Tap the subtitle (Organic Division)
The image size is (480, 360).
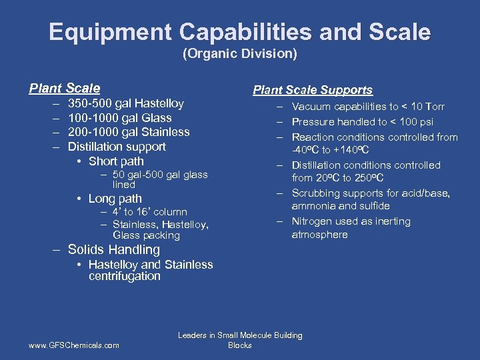point(240,54)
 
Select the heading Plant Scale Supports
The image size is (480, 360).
point(312,90)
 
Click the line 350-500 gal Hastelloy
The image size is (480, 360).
point(125,103)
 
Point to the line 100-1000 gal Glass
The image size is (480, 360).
point(119,118)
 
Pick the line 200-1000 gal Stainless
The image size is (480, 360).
point(129,132)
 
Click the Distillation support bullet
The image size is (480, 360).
point(117,147)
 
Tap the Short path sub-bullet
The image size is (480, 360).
point(116,161)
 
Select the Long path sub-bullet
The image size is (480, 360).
point(115,199)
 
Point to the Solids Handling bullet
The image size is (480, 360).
point(114,250)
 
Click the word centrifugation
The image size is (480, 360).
point(125,276)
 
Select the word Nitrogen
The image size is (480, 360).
point(313,221)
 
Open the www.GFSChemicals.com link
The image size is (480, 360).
point(74,345)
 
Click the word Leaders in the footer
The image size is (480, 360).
point(193,335)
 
